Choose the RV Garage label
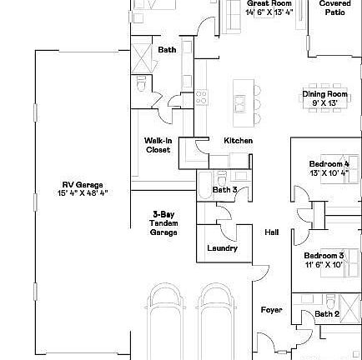(x=82, y=186)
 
